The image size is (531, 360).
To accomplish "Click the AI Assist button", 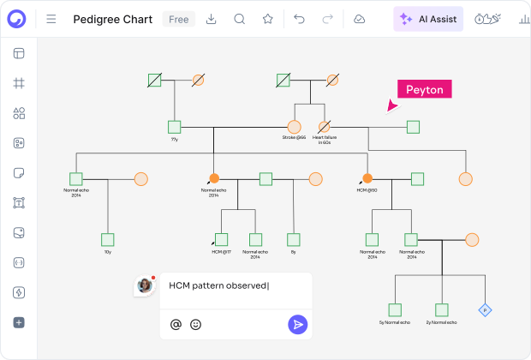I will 428,19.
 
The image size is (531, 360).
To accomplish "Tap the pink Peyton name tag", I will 423,90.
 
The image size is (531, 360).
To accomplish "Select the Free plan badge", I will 178,19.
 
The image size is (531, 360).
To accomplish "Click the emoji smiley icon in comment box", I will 196,324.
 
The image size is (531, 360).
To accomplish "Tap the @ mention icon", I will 176,324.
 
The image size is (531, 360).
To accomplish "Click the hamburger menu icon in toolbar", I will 51,19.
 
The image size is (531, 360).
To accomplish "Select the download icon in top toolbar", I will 212,19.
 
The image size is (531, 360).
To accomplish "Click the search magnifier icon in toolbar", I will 240,19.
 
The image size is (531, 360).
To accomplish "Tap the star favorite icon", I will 268,19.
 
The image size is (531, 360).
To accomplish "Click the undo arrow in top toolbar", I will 299,19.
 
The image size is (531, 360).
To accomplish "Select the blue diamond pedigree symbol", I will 484,309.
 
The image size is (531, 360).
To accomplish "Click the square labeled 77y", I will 175,127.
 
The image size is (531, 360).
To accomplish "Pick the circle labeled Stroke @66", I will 294,127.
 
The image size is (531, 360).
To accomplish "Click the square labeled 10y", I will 108,239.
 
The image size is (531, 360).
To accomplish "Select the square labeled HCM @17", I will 222,239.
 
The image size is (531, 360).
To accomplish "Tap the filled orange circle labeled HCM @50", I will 367,178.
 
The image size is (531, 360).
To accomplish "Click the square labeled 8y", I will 293,239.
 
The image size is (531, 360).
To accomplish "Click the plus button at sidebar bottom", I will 19,322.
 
